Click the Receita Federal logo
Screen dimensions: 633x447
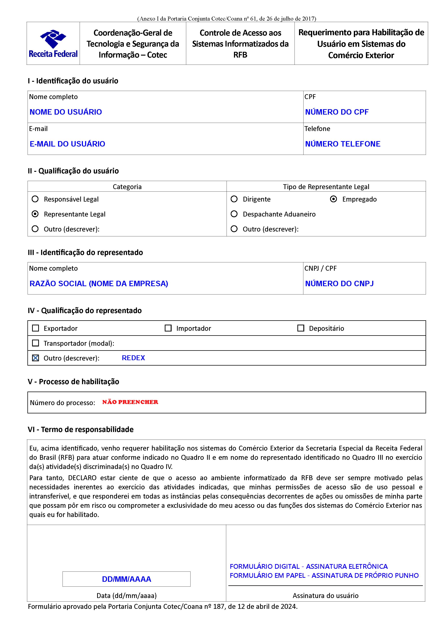(53, 43)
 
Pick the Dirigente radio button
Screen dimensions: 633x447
(234, 199)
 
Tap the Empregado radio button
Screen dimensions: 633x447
(333, 199)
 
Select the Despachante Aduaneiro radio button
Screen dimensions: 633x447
(234, 214)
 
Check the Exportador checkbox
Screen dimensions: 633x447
(36, 328)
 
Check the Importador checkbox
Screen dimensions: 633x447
(168, 328)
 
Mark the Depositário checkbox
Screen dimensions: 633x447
(301, 328)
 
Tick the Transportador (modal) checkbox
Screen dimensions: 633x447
(36, 343)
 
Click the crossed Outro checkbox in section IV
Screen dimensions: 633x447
(36, 358)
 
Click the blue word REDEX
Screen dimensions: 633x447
(133, 358)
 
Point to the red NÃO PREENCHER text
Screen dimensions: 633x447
(130, 402)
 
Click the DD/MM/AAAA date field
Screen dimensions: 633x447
(126, 579)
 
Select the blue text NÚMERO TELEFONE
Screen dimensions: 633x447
(343, 144)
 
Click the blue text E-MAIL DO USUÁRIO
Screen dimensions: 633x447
(67, 144)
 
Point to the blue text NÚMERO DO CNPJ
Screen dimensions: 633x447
(339, 283)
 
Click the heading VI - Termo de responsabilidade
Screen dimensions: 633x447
(81, 429)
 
